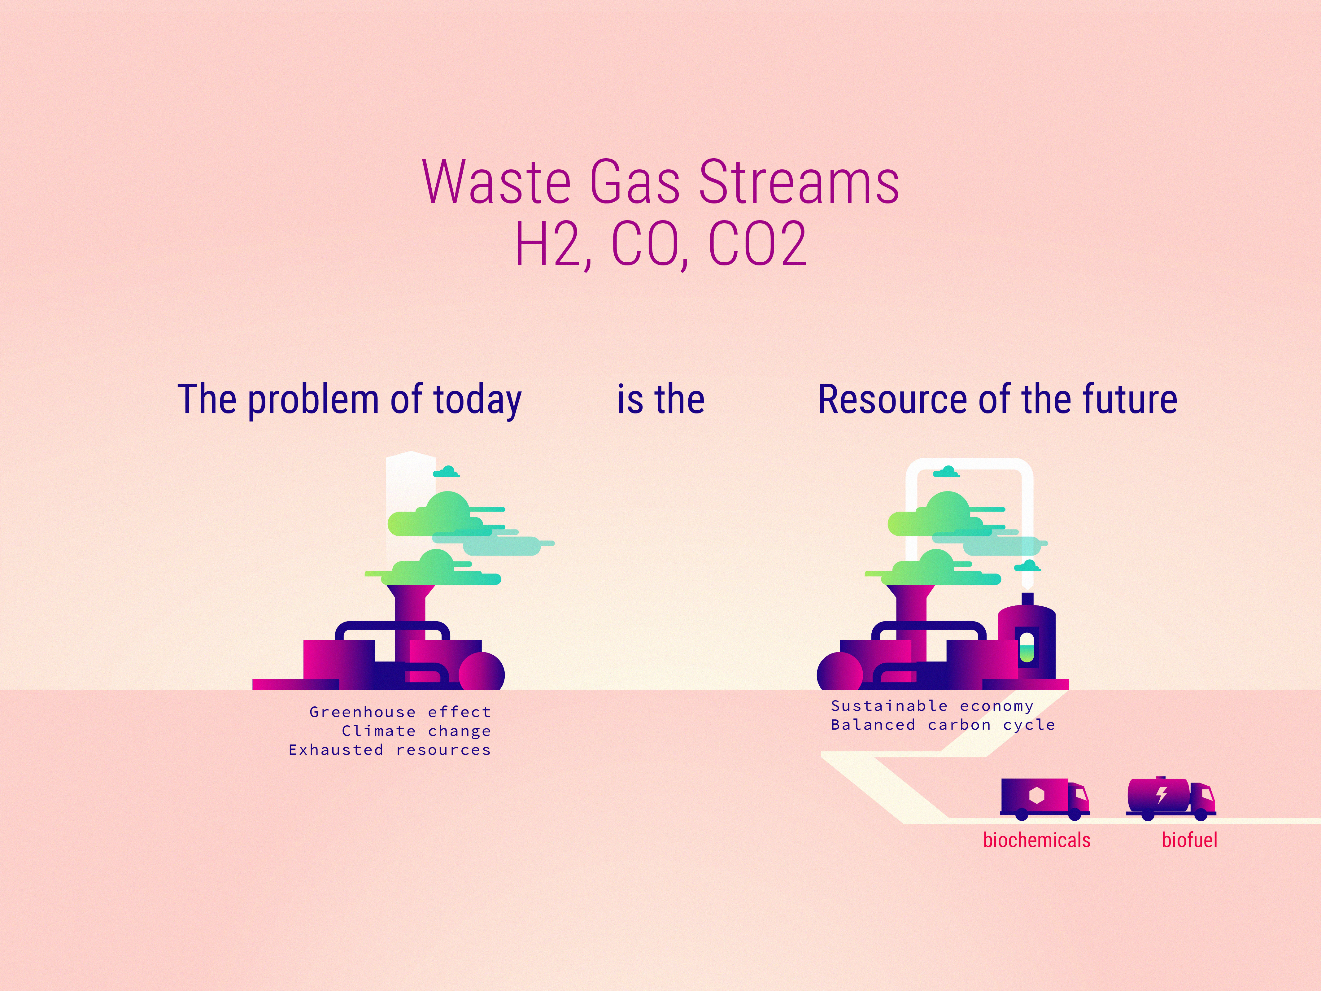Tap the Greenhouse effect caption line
[400, 712]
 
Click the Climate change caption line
[416, 731]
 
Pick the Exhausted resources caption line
[389, 750]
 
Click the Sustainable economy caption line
[932, 706]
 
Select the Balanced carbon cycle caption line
[942, 725]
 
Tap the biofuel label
[1189, 840]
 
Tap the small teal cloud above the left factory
[446, 472]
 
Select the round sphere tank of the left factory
[481, 674]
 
